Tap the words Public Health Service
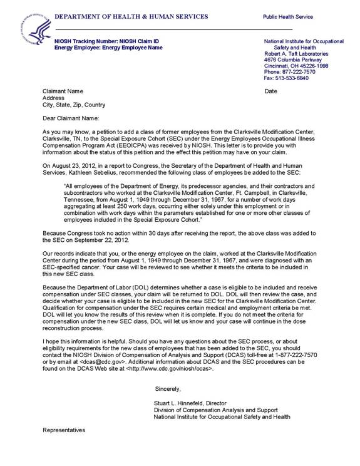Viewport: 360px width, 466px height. (288, 17)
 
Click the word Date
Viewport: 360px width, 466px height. (270, 91)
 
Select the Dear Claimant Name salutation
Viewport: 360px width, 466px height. (71, 118)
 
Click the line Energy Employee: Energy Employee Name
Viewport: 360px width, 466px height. (104, 48)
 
